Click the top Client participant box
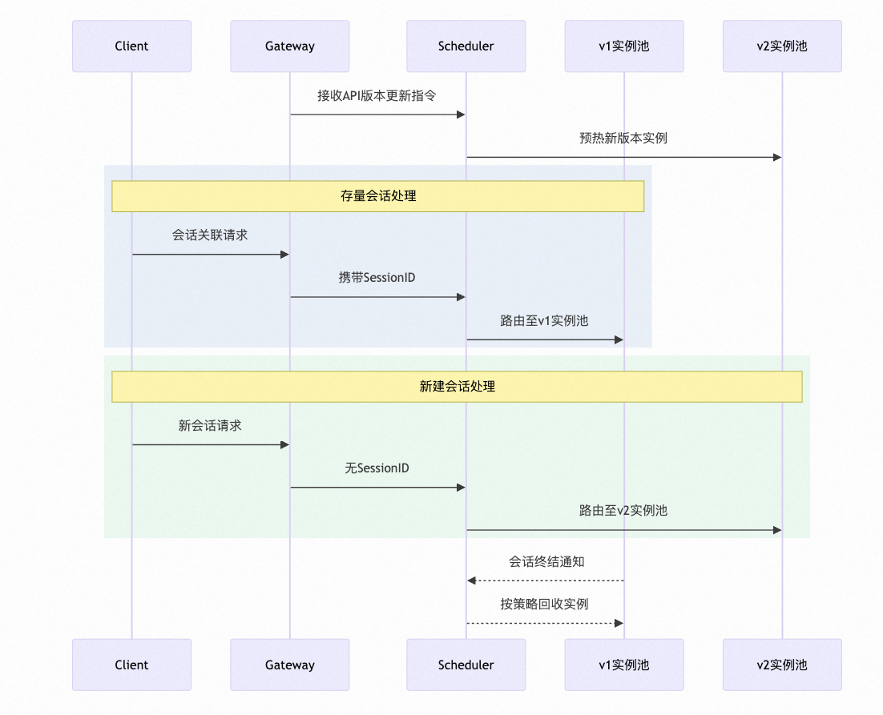point(131,46)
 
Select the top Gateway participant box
point(290,46)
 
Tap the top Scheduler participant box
point(466,46)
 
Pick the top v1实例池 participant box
point(624,46)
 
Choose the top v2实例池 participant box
point(782,46)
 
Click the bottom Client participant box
point(131,665)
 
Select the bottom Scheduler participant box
point(466,665)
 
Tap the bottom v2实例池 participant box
point(782,665)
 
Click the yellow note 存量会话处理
point(378,196)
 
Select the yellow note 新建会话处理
point(457,387)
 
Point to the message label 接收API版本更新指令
point(377,96)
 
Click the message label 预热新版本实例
point(623,138)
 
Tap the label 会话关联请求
point(210,235)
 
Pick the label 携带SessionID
point(377,278)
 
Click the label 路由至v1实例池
point(544,320)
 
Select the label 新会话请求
point(210,426)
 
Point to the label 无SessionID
point(377,468)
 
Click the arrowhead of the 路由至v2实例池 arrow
point(776,530)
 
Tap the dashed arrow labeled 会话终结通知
point(545,580)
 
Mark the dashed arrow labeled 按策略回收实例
point(545,623)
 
